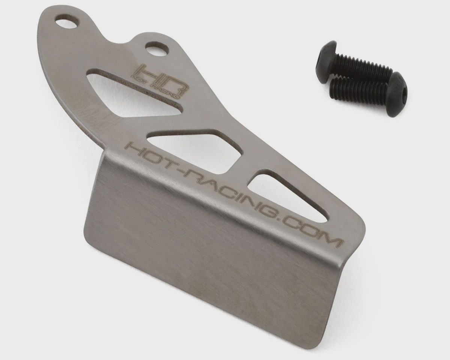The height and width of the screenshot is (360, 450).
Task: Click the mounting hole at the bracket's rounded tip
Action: coord(67,21)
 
